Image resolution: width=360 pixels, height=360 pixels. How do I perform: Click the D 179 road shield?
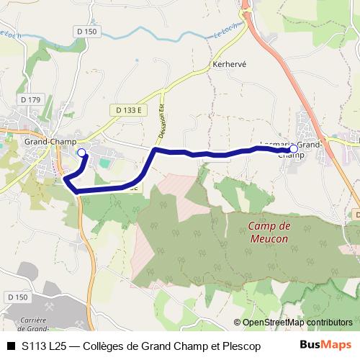click(x=31, y=99)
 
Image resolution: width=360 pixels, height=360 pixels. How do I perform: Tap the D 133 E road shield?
click(x=127, y=109)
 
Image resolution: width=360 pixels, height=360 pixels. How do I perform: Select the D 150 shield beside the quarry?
click(x=17, y=297)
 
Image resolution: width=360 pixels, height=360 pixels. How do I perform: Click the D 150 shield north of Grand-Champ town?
click(x=86, y=32)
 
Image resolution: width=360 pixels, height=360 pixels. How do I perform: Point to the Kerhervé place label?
click(x=230, y=64)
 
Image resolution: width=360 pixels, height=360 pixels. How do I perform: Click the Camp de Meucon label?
click(x=268, y=232)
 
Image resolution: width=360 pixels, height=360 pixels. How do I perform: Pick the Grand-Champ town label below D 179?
click(x=50, y=142)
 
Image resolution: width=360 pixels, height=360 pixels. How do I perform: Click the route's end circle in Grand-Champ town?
click(x=81, y=153)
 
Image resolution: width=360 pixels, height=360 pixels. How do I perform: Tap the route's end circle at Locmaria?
click(x=294, y=149)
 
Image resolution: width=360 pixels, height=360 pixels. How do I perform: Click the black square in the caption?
click(x=11, y=346)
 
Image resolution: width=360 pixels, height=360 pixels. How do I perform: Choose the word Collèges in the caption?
click(x=108, y=346)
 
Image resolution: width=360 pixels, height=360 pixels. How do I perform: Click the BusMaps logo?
click(x=325, y=345)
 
